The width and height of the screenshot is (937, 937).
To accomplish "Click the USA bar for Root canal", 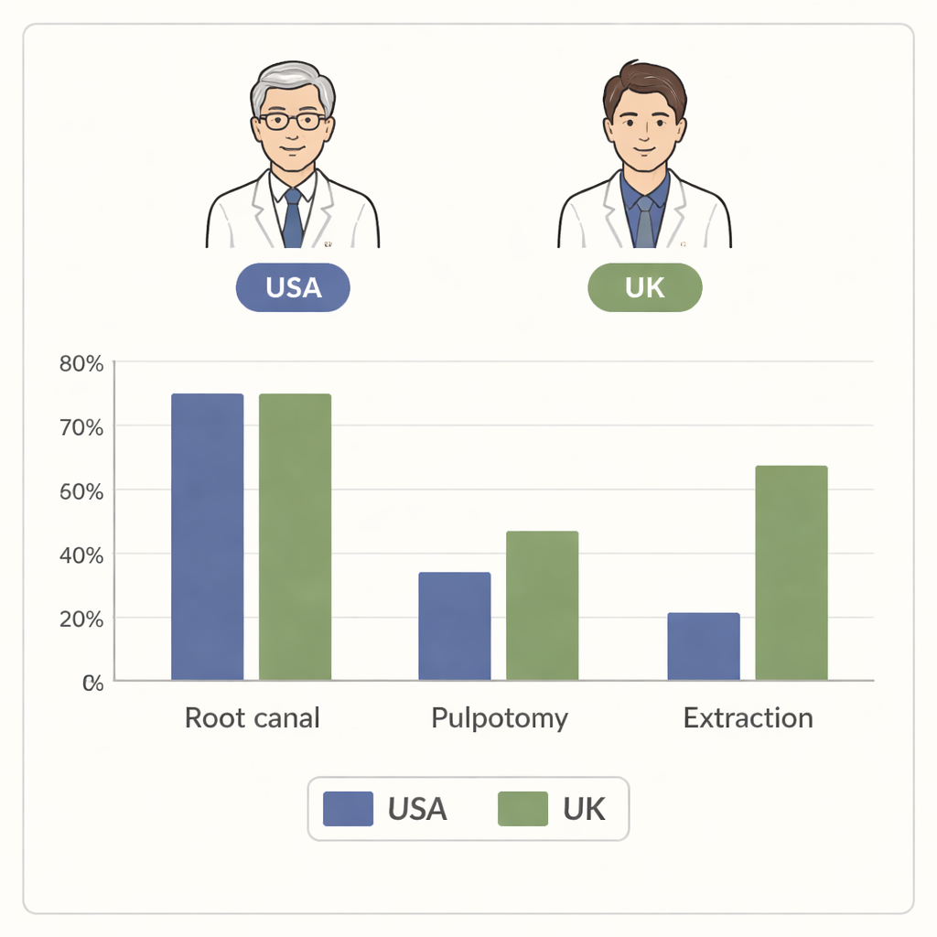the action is pos(208,536).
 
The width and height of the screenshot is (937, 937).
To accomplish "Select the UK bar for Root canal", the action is pos(296,536).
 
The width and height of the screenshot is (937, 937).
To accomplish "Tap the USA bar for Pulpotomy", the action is pos(455,626).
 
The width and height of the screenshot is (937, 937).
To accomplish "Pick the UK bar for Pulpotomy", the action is pos(543,606).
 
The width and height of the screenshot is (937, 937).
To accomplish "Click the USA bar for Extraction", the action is pos(704,647).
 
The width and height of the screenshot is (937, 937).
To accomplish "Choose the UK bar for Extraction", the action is pos(792,573).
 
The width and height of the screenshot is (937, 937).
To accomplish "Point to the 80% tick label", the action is pos(81,363).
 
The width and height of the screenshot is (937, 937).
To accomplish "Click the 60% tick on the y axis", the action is pos(81,491).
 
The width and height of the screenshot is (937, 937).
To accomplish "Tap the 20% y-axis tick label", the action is pos(81,619).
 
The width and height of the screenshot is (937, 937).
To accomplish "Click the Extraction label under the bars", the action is pos(749,717).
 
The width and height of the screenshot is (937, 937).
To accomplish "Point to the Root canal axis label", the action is pos(253,717).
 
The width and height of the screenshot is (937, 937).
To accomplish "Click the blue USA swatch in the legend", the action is pos(349,809).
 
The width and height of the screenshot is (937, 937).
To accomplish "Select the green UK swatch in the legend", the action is pos(522,809).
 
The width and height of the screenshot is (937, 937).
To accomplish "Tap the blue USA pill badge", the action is pos(293,287).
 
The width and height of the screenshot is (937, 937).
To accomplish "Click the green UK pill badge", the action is pos(645,287).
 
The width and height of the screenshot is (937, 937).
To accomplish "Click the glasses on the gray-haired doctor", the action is pos(293,122).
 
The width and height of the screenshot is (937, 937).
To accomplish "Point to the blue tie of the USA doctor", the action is pos(292,218).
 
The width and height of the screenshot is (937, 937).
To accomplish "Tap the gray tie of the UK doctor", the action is pos(645,221).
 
